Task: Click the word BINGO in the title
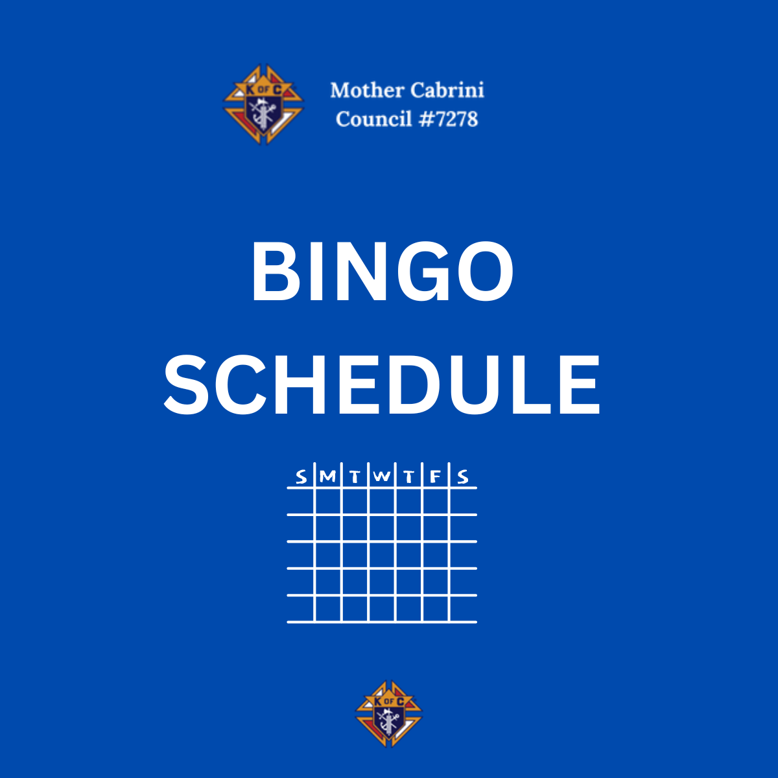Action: tap(382, 271)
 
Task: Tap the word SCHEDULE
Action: tap(382, 384)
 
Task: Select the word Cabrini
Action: tap(447, 90)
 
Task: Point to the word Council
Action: tap(374, 119)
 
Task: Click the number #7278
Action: tap(448, 119)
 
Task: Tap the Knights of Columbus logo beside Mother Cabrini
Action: tap(263, 104)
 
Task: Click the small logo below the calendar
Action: tap(389, 713)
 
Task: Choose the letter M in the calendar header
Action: tap(327, 477)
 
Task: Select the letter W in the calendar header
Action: tap(381, 477)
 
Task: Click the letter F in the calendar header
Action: tap(435, 477)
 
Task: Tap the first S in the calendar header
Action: tap(301, 477)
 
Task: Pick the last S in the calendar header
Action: tap(463, 477)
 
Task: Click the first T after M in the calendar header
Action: tap(355, 477)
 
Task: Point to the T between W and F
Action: tap(408, 477)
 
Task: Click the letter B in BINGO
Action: tap(276, 271)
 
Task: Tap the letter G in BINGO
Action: tap(424, 271)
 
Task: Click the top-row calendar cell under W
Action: tap(382, 501)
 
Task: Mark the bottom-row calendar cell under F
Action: tap(436, 609)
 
